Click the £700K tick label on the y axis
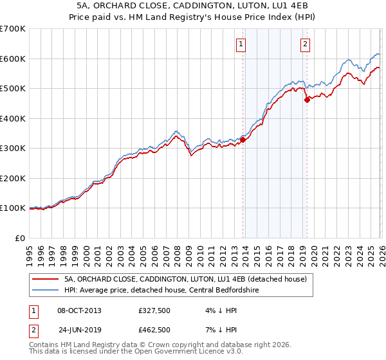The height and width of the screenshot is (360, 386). click(x=13, y=29)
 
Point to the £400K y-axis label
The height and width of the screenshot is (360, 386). click(x=13, y=118)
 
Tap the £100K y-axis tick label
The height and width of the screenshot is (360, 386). click(x=13, y=208)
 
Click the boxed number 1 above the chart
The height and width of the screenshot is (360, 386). click(x=241, y=44)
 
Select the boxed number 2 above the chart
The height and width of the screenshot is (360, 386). click(x=304, y=44)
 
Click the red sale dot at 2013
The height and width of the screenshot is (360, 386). click(x=243, y=139)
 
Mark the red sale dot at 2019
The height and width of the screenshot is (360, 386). click(x=308, y=99)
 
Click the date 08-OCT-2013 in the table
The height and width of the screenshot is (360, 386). click(x=78, y=310)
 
